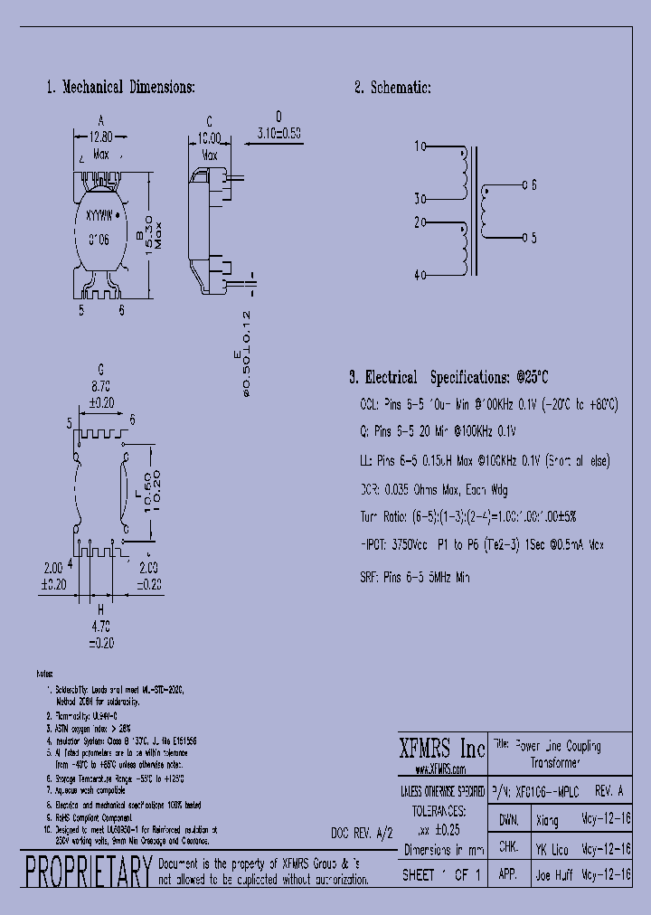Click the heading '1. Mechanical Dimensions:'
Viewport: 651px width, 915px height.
tap(120, 88)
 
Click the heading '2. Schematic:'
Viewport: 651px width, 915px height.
tap(392, 88)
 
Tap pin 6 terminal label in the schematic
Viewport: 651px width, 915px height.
tap(533, 185)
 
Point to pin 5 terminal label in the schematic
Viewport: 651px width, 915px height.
tap(533, 238)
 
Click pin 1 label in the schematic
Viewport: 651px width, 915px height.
tap(419, 146)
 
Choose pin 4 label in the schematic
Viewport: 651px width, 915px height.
tap(419, 275)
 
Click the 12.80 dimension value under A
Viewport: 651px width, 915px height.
tap(101, 137)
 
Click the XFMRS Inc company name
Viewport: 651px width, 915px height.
tap(442, 749)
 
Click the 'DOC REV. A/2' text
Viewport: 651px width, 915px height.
tap(363, 832)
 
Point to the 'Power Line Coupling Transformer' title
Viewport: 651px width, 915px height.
tap(558, 754)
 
